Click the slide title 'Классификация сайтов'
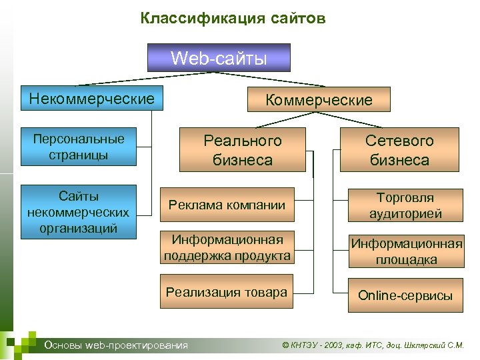coord(233,18)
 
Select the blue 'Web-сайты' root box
coord(219,57)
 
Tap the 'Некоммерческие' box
coord(92,99)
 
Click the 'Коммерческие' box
coord(319,100)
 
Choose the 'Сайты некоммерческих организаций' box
coord(79,212)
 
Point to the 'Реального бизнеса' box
coord(243,150)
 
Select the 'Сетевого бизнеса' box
coord(399,150)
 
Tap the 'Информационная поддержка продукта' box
coord(227,247)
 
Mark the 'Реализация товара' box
coord(227,292)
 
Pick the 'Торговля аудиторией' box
coord(405,206)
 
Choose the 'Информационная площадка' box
coord(405,251)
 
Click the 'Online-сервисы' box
coord(405,295)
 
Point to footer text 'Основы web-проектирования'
coord(115,345)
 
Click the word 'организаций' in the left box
coord(79,227)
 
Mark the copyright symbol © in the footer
coord(286,345)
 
